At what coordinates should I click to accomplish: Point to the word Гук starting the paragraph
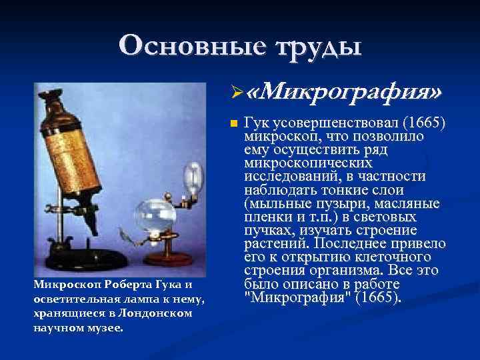[257, 123]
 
